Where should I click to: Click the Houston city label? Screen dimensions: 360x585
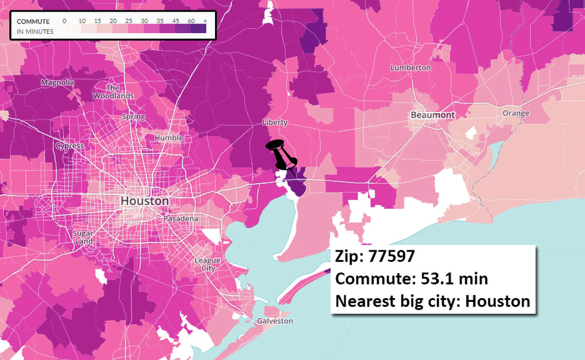click(144, 201)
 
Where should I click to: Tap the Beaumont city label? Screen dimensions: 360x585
click(432, 115)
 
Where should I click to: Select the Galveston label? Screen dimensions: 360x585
click(276, 321)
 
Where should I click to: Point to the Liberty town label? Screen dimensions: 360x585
click(274, 122)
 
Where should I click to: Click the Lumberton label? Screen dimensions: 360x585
click(410, 68)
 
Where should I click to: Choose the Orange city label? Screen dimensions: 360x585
click(516, 113)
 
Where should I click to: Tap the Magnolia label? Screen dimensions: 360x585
click(58, 82)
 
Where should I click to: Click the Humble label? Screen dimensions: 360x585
click(169, 138)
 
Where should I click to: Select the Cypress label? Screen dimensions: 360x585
click(70, 146)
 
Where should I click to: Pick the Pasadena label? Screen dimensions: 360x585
click(180, 219)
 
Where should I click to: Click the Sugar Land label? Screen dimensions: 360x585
click(83, 237)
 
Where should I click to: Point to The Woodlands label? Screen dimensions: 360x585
click(113, 92)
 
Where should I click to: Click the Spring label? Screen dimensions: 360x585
click(133, 117)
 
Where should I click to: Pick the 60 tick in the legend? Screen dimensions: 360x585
click(191, 21)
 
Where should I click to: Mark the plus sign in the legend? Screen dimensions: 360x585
click(205, 21)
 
